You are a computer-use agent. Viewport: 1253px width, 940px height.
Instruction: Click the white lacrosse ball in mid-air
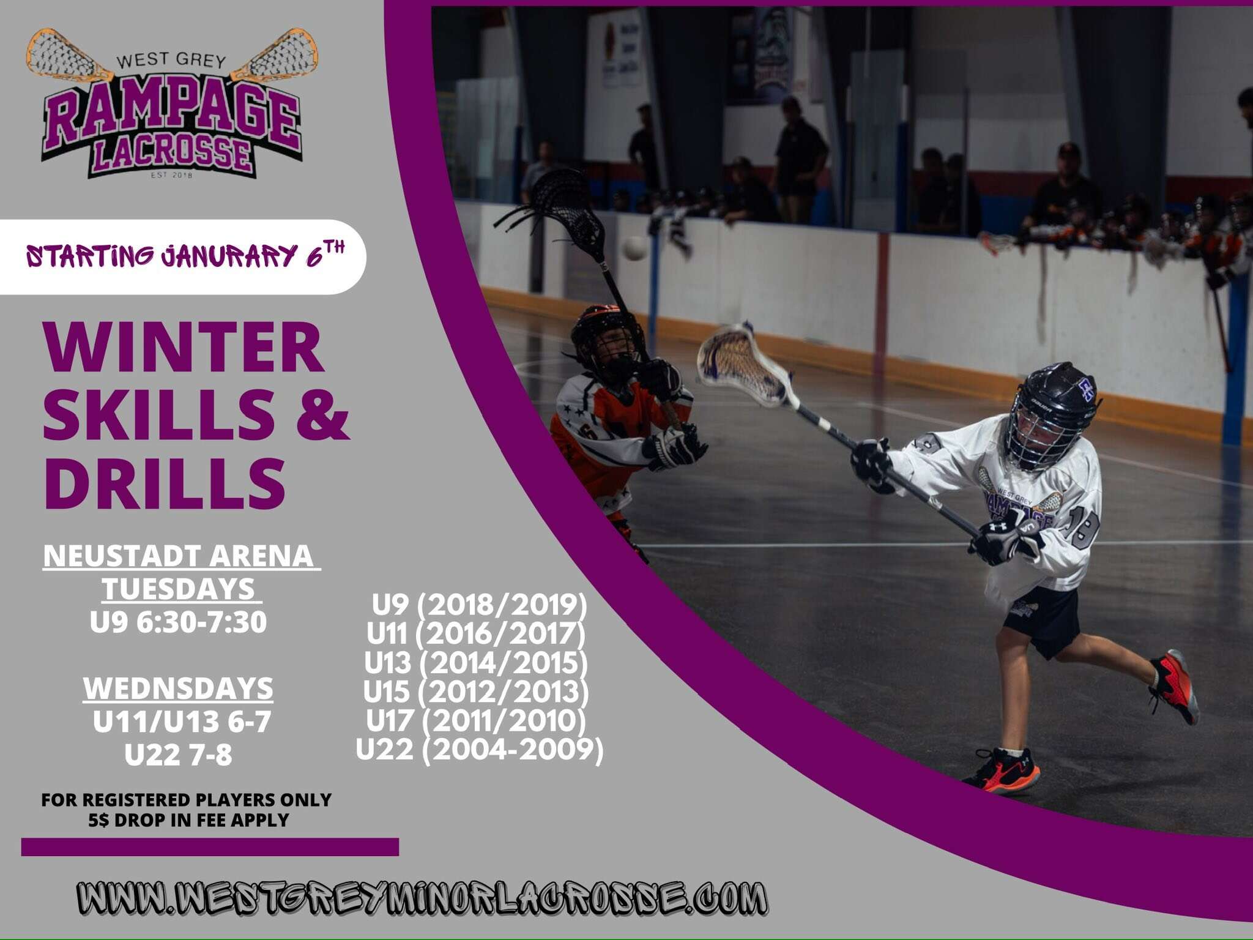(x=634, y=248)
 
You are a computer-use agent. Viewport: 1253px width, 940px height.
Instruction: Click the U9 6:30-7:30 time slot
(x=179, y=622)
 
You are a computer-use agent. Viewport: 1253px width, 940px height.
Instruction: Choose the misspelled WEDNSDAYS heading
(x=179, y=688)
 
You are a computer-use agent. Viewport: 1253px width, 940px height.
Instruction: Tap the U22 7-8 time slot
(x=179, y=755)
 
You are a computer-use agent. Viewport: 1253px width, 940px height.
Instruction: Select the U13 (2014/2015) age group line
(x=476, y=663)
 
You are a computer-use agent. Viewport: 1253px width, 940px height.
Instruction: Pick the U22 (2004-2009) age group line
(x=480, y=750)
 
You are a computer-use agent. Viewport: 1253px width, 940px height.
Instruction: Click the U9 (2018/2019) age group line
(x=480, y=605)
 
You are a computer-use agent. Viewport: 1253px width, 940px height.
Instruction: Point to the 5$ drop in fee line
(x=188, y=820)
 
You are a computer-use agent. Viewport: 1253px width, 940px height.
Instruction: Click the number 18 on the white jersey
(x=1083, y=528)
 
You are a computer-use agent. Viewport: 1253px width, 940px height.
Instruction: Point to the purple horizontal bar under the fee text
(x=210, y=847)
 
